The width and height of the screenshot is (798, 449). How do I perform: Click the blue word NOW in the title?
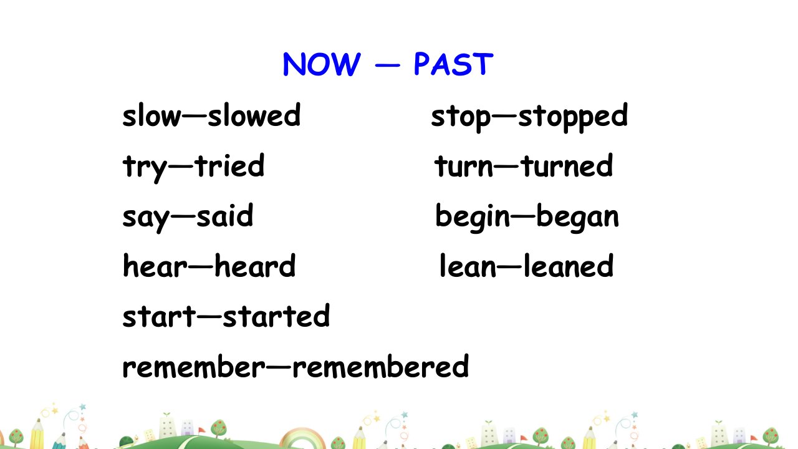coord(321,64)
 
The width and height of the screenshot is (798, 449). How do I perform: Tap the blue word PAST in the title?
coord(453,64)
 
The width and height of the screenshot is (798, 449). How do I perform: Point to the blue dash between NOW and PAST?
coord(388,65)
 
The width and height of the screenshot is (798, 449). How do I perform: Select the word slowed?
coord(254,115)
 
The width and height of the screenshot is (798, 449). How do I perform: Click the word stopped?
coord(572,118)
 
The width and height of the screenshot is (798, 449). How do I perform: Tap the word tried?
coord(229,165)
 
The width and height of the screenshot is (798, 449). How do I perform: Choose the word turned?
coord(567,165)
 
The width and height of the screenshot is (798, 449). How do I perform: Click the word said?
coord(225,215)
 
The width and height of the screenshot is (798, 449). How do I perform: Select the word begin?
coord(473,218)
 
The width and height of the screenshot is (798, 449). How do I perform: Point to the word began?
coord(577,218)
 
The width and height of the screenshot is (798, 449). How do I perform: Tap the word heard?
coord(255,266)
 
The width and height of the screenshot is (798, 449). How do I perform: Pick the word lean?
coord(468,266)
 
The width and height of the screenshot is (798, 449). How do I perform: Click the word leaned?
coord(569,266)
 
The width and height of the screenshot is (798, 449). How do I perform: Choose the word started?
coord(276,316)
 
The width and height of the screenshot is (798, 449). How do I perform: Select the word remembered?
coord(380,366)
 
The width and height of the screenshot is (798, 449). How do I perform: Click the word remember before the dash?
coord(194,366)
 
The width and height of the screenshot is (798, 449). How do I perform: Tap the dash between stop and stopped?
coord(504,115)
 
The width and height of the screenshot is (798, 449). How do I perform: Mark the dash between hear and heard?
coord(201,266)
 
